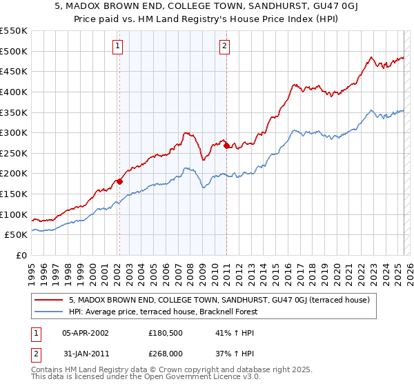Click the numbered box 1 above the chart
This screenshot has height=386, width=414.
pos(119,47)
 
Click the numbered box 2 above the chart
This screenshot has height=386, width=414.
pos(226,47)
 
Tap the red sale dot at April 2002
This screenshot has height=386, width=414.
pos(119,182)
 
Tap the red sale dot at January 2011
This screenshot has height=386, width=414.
pos(227,146)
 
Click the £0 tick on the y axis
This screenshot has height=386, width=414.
pos(21,255)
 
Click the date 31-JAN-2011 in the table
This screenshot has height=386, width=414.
pos(85,355)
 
